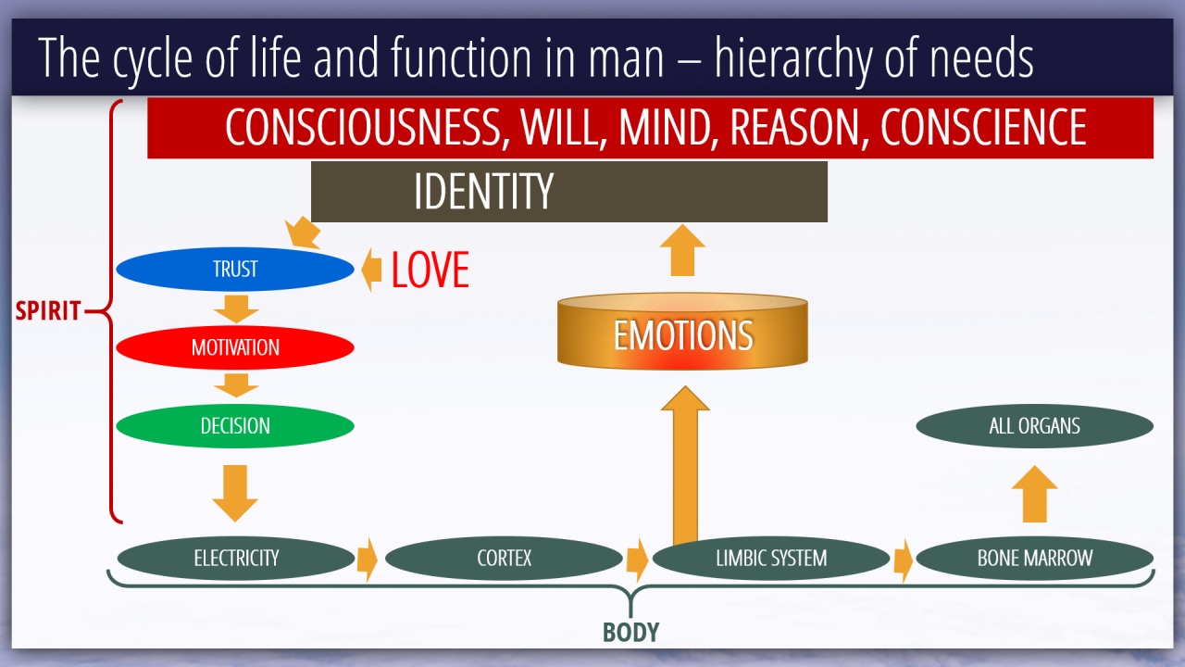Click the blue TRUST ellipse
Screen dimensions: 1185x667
[x=235, y=269]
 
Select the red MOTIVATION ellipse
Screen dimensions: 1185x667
[x=235, y=347]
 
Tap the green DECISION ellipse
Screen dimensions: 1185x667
[x=235, y=425]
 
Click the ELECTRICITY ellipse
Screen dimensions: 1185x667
[x=236, y=558]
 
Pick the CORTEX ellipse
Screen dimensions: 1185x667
[x=504, y=558]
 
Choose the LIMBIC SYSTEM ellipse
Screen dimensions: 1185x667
[x=771, y=558]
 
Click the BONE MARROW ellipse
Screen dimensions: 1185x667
[x=1035, y=558]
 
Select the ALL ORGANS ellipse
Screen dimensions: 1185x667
[x=1035, y=425]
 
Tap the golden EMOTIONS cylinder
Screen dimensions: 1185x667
[x=682, y=332]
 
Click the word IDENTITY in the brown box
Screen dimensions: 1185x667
[x=483, y=191]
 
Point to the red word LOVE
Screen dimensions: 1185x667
[x=430, y=270]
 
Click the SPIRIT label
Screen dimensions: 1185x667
[x=47, y=310]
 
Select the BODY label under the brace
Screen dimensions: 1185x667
[x=630, y=632]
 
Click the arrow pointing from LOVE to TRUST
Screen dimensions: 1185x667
[x=371, y=270]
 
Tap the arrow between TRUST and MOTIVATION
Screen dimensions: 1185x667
[x=236, y=309]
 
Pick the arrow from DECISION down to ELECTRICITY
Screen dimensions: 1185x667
[x=235, y=494]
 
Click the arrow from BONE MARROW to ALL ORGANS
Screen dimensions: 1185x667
[x=1035, y=494]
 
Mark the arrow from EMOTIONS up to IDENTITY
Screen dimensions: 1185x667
[x=682, y=250]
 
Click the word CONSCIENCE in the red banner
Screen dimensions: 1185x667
[x=983, y=127]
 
